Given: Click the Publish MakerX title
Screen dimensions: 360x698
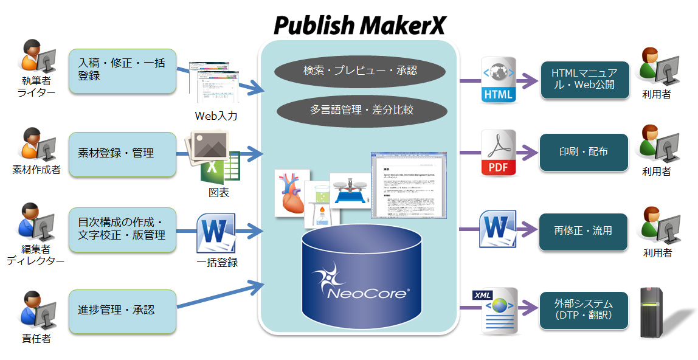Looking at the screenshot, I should click(360, 25).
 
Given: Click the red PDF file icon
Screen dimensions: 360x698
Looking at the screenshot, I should click(498, 153).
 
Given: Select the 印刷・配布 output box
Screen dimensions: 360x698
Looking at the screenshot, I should click(584, 152).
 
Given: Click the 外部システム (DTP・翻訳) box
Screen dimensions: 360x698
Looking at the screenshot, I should click(584, 310).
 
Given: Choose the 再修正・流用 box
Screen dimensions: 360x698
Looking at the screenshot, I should click(584, 231).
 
